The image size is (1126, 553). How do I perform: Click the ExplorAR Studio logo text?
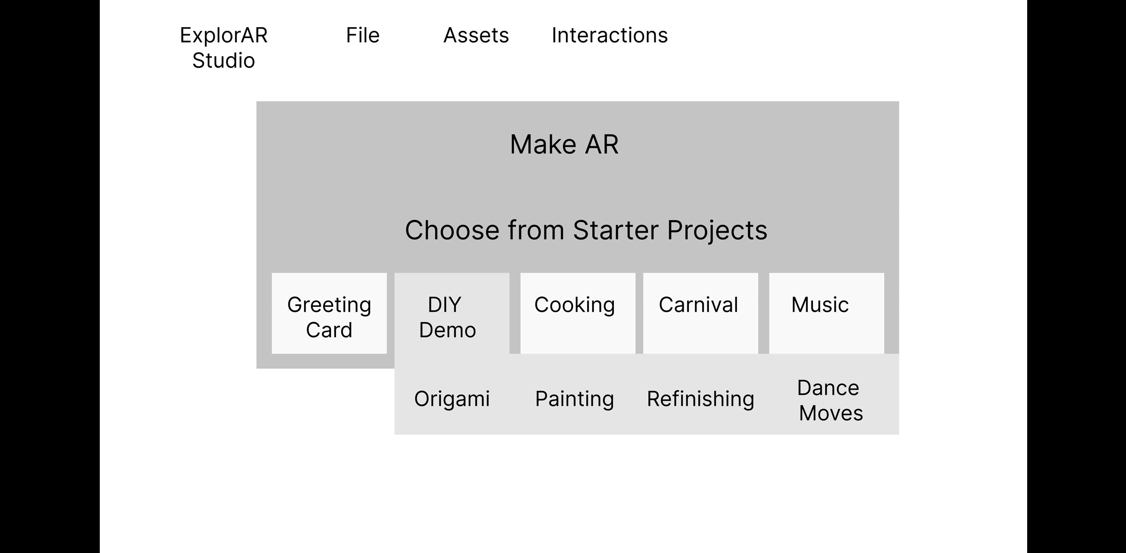point(223,48)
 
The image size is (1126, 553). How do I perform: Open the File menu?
point(363,35)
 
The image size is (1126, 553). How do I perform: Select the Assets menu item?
point(476,35)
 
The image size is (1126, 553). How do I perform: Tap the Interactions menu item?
point(610,35)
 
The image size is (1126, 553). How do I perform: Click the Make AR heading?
point(564,144)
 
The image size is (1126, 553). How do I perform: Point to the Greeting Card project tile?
point(329,313)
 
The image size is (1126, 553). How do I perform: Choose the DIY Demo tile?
point(452,313)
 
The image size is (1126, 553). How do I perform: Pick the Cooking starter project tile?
point(578,313)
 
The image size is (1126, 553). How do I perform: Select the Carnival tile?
point(701,313)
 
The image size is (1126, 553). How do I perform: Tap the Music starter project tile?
point(827,313)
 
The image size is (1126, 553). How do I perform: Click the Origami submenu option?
point(452,399)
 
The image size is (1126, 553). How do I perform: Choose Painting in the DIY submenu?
point(574,399)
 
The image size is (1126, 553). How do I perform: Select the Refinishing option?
point(700,399)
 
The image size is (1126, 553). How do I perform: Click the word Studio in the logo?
point(223,61)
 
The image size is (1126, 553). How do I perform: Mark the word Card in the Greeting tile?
point(329,330)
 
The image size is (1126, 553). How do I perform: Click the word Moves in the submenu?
point(831,413)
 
